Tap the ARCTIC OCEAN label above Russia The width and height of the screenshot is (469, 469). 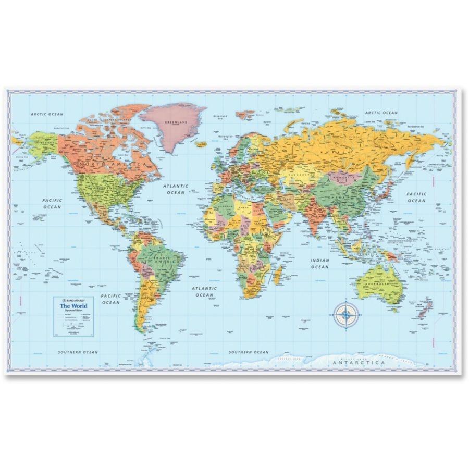[381, 113]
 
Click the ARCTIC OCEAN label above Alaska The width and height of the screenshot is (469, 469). [47, 114]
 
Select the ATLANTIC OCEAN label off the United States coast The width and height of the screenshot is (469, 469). [175, 189]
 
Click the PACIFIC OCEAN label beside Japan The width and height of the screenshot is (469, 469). [416, 197]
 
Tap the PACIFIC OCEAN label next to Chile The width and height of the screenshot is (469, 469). [110, 299]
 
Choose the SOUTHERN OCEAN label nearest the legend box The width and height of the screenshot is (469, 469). [78, 352]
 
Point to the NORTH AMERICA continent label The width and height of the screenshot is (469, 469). [110, 164]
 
